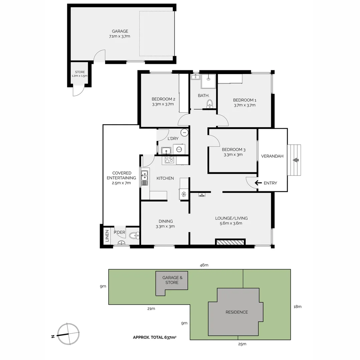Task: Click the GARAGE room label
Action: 120,31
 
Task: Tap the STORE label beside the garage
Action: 80,72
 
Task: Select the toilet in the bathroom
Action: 210,104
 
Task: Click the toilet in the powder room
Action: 134,235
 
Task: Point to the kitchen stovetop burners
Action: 169,160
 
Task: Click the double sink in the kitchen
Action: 144,178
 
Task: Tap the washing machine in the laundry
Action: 179,149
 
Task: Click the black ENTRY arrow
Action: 258,183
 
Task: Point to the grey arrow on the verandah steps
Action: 296,160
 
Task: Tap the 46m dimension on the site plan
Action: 204,265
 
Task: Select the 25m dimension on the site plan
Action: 242,344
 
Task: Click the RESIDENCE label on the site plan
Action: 237,312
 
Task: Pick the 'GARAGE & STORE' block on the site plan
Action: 172,283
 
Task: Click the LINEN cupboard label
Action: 107,236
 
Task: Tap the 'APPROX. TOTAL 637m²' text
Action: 155,337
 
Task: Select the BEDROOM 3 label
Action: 233,150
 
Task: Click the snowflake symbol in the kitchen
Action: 184,194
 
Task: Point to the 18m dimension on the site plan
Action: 298,307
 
